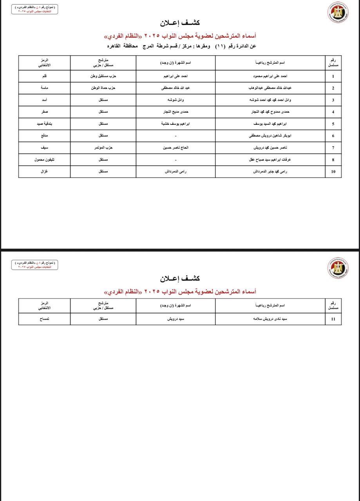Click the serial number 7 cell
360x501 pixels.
(333, 148)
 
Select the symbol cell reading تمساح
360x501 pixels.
(44, 319)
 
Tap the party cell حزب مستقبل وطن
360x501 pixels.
(103, 76)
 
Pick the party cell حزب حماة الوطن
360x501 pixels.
(103, 88)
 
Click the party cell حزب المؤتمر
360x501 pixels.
(103, 148)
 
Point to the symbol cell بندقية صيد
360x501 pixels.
(44, 124)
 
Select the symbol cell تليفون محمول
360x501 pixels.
(44, 159)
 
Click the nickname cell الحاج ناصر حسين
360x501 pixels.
(175, 148)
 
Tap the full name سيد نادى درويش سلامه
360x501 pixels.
(270, 319)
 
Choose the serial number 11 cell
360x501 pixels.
(333, 319)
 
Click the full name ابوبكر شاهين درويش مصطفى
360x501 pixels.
(270, 136)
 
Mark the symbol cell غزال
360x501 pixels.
(44, 171)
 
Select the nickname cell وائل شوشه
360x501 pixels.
(175, 100)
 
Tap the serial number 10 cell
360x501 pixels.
(333, 171)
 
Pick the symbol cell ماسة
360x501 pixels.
(44, 88)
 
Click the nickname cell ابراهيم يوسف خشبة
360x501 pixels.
(175, 124)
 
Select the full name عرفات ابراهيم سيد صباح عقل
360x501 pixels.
(270, 159)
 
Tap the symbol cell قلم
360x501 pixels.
(44, 76)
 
